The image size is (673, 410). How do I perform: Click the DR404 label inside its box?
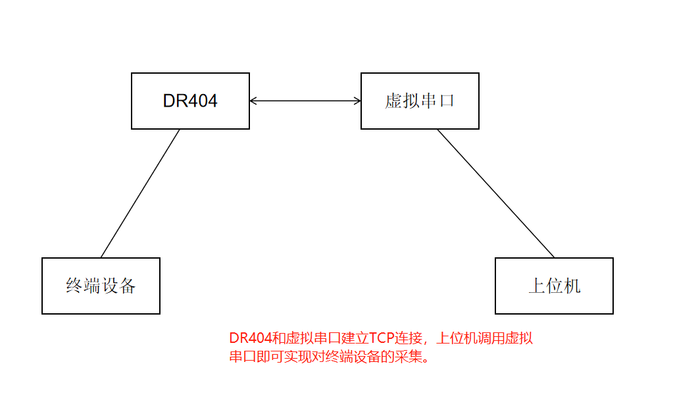[x=190, y=101]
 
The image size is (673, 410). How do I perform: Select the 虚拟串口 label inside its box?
[x=420, y=101]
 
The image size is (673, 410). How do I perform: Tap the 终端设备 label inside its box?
[x=101, y=286]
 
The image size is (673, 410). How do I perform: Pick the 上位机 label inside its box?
[x=554, y=286]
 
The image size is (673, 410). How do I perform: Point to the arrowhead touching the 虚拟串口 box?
[x=357, y=101]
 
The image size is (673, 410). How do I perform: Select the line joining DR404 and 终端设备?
[x=140, y=193]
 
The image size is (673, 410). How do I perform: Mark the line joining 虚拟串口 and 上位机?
[x=496, y=193]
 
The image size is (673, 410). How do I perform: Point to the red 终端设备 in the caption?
[x=358, y=357]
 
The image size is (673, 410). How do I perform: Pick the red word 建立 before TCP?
[x=353, y=339]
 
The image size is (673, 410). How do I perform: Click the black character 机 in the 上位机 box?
[x=572, y=286]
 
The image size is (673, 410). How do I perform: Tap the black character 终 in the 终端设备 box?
[x=74, y=286]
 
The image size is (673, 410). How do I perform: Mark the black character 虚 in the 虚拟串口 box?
[x=393, y=101]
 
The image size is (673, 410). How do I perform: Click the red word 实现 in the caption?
[x=301, y=357]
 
